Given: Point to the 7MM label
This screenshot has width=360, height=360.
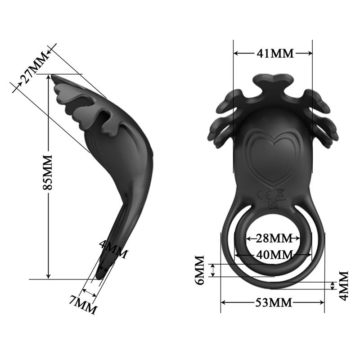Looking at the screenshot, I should click(x=83, y=305).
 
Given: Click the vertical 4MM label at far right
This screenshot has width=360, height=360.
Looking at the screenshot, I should click(x=344, y=285).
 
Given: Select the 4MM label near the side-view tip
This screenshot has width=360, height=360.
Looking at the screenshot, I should click(x=113, y=251).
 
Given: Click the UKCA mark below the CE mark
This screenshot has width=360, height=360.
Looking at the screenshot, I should click(x=273, y=206).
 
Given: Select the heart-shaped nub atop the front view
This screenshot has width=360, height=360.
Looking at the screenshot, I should click(x=272, y=81).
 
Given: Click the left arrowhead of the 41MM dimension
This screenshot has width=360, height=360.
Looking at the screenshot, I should click(x=235, y=53).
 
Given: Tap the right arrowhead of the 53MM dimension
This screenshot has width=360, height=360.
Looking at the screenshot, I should click(x=322, y=302).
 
